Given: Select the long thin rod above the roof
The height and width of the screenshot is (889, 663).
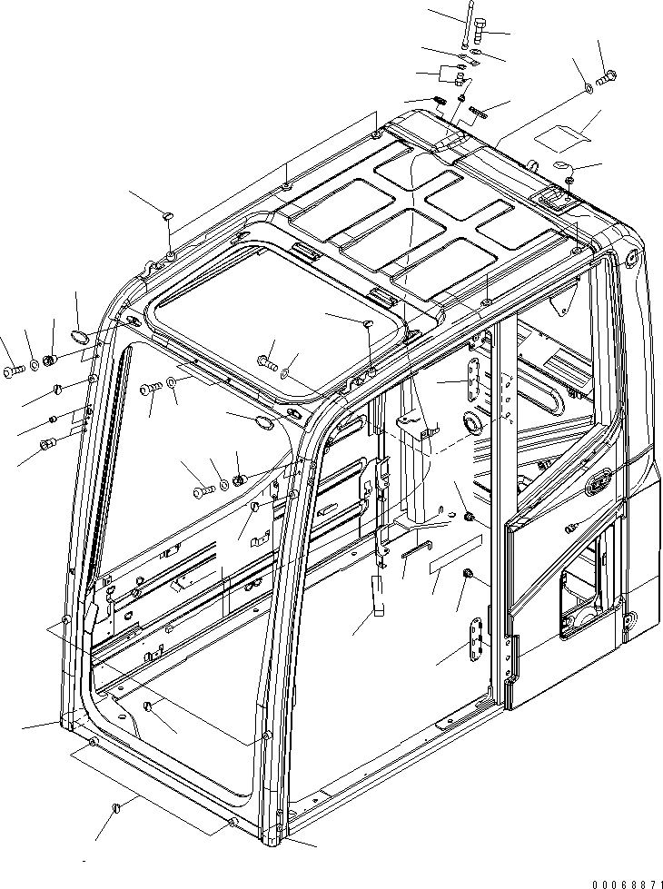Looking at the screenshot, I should coord(464,26).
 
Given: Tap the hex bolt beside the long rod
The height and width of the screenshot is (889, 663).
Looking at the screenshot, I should coord(480,37).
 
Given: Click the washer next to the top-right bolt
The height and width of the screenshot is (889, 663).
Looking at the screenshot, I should coord(589,87).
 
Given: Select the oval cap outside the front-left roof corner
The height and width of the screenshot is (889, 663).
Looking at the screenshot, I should coord(81,338).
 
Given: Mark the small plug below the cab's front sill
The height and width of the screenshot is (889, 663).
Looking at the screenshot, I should coord(115,806).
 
